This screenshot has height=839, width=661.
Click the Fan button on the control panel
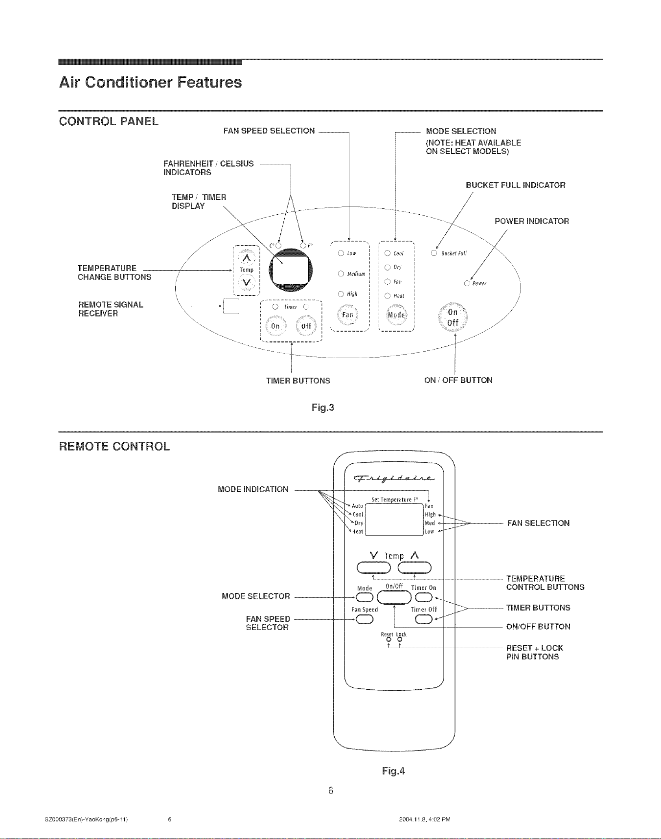click(347, 315)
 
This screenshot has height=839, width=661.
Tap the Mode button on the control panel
click(396, 315)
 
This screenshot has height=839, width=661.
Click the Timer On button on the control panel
click(275, 326)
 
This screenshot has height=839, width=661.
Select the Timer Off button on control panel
click(306, 326)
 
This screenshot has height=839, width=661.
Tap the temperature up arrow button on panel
click(247, 257)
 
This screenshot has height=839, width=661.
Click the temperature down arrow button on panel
click(247, 283)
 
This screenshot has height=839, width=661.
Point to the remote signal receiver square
click(230, 306)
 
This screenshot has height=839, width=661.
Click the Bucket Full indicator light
click(433, 253)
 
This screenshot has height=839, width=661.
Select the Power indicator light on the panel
click(467, 283)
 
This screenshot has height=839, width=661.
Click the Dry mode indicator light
click(387, 267)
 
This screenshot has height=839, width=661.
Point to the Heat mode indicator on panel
click(387, 295)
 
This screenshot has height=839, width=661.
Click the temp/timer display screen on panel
click(291, 270)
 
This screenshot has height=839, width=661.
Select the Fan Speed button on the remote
click(365, 620)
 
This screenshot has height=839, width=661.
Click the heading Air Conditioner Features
click(150, 82)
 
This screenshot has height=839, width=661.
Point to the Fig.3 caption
click(323, 407)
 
